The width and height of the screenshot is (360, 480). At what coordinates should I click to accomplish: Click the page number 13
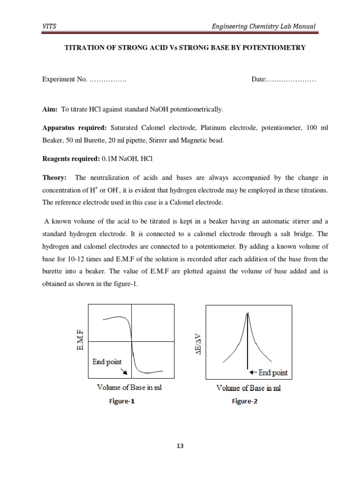[180, 446]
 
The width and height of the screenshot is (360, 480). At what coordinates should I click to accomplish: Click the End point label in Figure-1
[106, 361]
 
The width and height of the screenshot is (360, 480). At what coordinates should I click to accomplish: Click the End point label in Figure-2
[271, 373]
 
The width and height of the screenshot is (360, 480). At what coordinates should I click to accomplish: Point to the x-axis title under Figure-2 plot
[248, 388]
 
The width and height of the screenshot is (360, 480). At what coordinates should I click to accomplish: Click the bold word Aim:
[50, 109]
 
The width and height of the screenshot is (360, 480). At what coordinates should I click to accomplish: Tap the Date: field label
[259, 80]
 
